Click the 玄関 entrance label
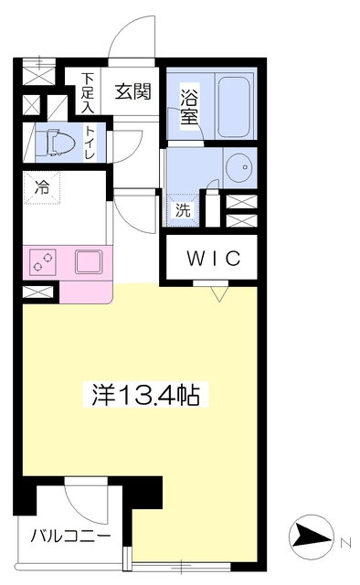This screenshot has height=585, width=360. tap(132, 91)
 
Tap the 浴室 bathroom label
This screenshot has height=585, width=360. tap(189, 107)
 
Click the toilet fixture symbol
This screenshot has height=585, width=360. tap(55, 143)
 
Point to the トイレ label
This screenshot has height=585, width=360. tap(90, 143)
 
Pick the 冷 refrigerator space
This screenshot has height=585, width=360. tap(42, 187)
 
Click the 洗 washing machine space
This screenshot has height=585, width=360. tap(183, 210)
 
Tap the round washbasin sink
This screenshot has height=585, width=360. tap(240, 167)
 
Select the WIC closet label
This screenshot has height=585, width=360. tap(214, 258)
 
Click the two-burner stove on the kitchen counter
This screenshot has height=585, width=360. tap(43, 262)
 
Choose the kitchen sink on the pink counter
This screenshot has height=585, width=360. tap(89, 262)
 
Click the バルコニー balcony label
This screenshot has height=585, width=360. tap(70, 537)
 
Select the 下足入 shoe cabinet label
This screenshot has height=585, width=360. tap(88, 93)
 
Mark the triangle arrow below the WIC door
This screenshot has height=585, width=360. tap(219, 293)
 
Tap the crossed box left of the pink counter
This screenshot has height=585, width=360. tap(37, 292)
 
